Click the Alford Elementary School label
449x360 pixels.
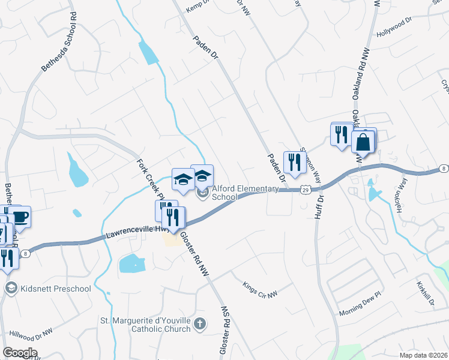[x=246, y=193]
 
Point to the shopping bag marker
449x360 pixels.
[x=363, y=143]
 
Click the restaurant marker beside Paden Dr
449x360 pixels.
[x=295, y=162]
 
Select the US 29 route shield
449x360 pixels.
[x=305, y=189]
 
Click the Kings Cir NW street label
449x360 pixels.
[x=260, y=289]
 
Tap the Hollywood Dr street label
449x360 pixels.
[x=394, y=28]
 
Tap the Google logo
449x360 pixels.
[x=20, y=352]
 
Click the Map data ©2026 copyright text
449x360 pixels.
[x=423, y=355]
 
